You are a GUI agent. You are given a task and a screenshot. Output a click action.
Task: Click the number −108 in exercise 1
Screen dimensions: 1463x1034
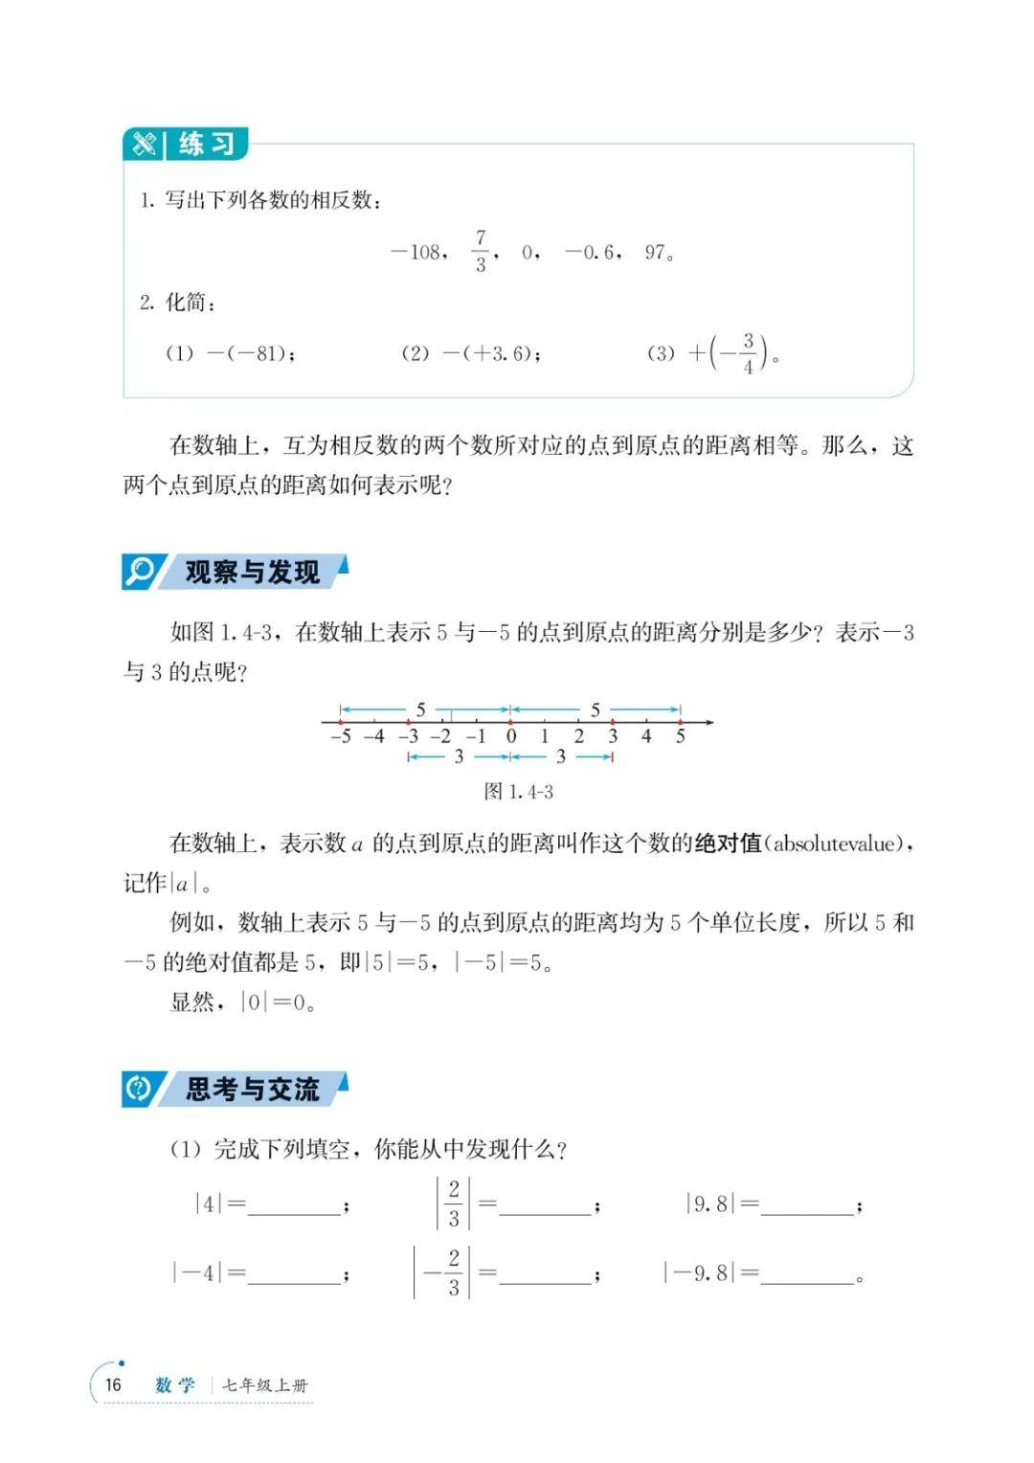click(x=418, y=253)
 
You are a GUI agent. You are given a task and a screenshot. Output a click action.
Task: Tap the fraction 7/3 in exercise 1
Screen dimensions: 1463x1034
click(x=481, y=251)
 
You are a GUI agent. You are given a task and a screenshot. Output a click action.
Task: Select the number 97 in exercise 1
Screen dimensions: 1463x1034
click(x=656, y=253)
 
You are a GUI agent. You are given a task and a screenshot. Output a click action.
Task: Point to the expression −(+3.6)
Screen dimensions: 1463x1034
click(x=489, y=353)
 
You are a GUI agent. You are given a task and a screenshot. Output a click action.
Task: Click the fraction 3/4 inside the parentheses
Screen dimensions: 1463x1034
click(x=749, y=353)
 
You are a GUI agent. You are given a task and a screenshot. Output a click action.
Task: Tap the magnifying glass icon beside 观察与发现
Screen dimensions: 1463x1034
click(x=140, y=572)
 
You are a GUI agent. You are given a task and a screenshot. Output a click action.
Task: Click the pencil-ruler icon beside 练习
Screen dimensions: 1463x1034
click(x=145, y=145)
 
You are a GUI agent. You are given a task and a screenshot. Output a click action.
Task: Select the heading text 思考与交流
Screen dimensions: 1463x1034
click(x=252, y=1089)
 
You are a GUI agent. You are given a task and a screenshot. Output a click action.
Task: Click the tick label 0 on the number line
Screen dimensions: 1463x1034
click(x=511, y=736)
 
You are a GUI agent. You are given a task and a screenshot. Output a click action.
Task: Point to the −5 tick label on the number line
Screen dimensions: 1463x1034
click(x=340, y=736)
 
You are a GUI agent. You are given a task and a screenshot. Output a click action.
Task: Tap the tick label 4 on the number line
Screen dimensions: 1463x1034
click(x=646, y=736)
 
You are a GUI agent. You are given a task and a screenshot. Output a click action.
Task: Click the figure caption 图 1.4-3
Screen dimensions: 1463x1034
click(x=518, y=792)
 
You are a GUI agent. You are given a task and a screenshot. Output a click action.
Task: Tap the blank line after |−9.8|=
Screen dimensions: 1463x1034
click(x=806, y=1276)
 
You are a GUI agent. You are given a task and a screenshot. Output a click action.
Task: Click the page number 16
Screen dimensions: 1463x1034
click(x=113, y=1384)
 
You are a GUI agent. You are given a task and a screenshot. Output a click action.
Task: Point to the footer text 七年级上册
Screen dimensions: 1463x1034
click(x=265, y=1385)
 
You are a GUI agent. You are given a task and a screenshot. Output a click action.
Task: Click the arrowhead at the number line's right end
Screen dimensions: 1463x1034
click(x=709, y=722)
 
